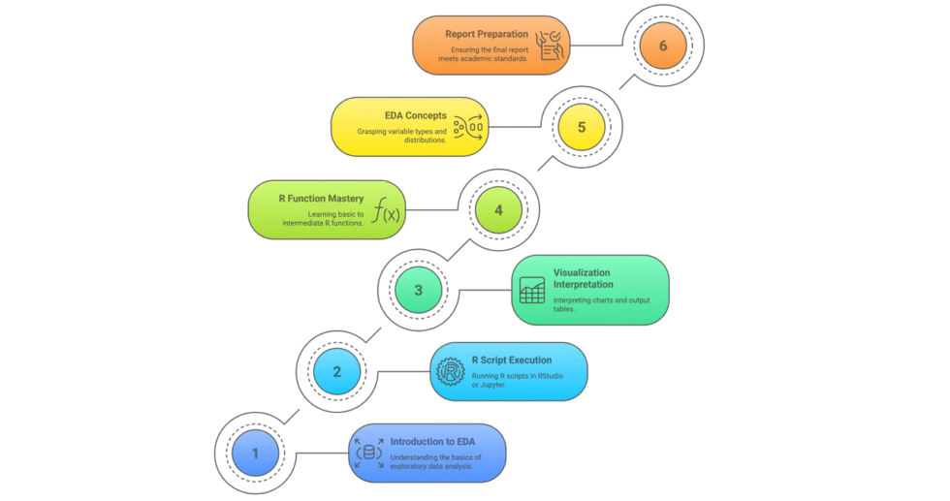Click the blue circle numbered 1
click(255, 453)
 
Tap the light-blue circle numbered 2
click(336, 371)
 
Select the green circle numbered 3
click(418, 290)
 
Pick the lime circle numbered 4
click(498, 208)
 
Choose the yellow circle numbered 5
click(581, 127)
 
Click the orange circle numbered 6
click(662, 46)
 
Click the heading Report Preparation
click(488, 34)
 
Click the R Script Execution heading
click(511, 360)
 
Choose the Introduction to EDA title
click(431, 442)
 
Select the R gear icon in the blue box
click(451, 371)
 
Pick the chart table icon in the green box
click(531, 290)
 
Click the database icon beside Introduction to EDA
click(368, 453)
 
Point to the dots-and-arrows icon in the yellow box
click(468, 127)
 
